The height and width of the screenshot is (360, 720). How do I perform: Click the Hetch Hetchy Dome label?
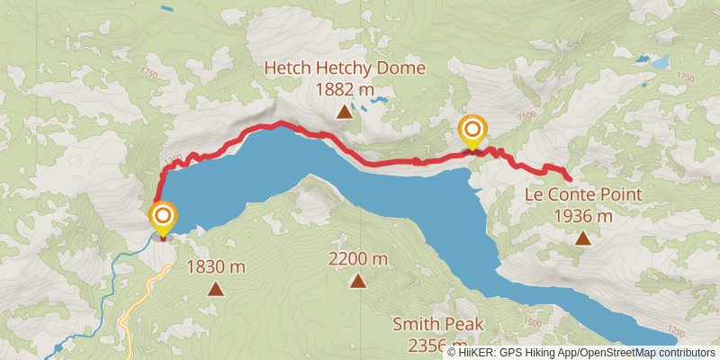coord(345,68)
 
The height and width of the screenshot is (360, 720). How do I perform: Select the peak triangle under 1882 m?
coord(344,112)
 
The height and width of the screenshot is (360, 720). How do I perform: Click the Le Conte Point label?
coord(583,195)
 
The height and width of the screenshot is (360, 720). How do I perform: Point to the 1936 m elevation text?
coord(583,216)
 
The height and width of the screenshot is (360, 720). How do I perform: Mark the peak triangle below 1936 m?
coord(583,238)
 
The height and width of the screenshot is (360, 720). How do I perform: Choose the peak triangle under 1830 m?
coord(215,289)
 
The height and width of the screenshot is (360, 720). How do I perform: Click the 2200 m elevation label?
coord(358,260)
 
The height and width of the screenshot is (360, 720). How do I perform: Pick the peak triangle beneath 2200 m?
coord(358,282)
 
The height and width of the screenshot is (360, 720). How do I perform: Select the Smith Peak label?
coord(438,324)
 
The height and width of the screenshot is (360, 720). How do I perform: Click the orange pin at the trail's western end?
coord(163,218)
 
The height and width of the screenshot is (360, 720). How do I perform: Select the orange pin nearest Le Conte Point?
coord(472,131)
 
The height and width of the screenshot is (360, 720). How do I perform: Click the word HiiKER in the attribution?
coord(481,353)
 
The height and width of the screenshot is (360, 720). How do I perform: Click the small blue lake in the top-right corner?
coord(660,62)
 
